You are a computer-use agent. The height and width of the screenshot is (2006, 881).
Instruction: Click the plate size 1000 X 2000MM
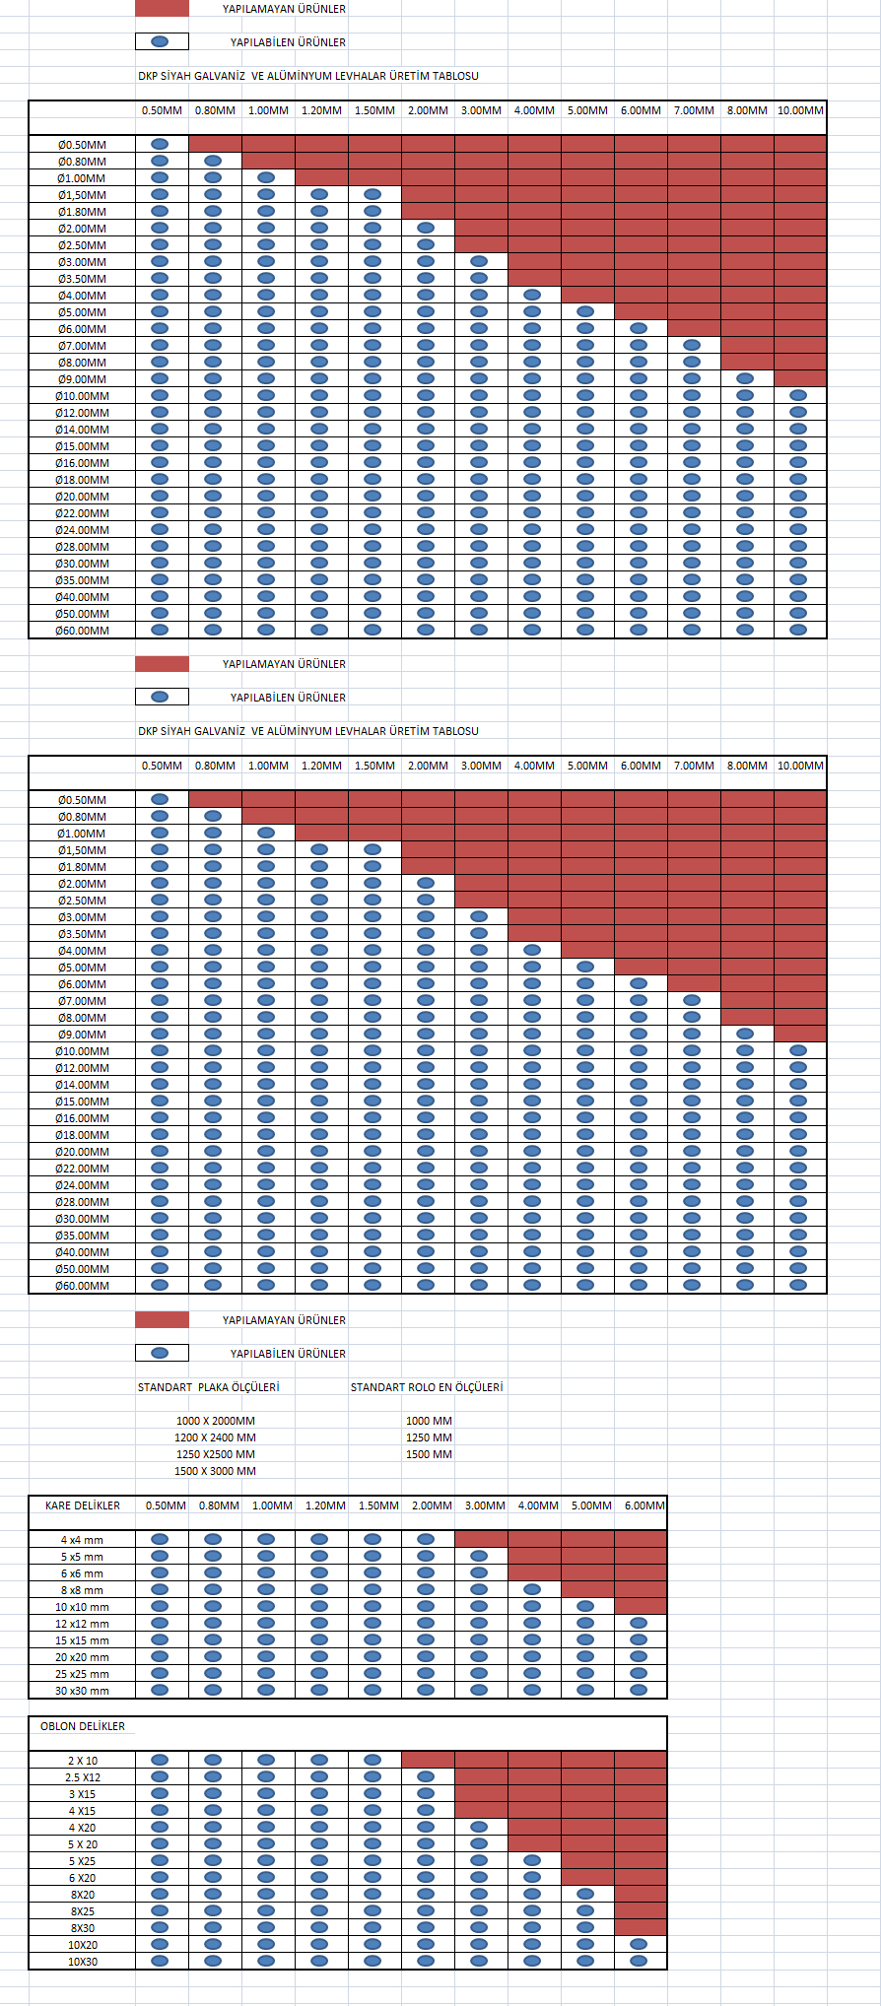[x=215, y=1421]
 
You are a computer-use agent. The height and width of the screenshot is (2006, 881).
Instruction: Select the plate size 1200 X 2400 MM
[x=215, y=1438]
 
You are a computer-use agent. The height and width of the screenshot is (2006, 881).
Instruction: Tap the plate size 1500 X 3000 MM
[x=215, y=1471]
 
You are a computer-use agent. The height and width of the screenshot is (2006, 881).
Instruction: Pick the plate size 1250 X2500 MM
[x=215, y=1454]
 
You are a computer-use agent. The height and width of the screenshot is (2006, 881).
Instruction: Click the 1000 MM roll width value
[x=429, y=1421]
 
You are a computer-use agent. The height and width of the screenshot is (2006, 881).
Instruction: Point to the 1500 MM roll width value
[x=429, y=1454]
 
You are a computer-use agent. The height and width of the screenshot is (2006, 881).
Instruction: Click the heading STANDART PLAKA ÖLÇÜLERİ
[x=208, y=1387]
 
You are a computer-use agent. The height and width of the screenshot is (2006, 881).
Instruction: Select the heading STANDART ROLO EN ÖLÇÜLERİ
[x=427, y=1387]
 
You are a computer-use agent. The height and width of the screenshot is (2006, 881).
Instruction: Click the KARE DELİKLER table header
[x=83, y=1505]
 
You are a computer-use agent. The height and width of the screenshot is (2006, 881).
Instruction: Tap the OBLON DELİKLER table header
[x=83, y=1726]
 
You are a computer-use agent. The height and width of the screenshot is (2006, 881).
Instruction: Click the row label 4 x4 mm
[x=82, y=1540]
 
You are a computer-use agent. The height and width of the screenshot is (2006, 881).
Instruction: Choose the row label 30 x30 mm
[x=82, y=1691]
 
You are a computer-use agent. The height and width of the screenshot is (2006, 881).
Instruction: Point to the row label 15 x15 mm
[x=82, y=1640]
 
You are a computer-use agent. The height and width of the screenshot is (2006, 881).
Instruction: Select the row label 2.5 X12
[x=83, y=1777]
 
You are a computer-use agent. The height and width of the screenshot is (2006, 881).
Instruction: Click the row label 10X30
[x=83, y=1962]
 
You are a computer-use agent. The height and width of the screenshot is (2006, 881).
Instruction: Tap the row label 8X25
[x=83, y=1911]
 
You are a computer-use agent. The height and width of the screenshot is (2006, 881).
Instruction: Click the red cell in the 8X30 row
[x=641, y=1927]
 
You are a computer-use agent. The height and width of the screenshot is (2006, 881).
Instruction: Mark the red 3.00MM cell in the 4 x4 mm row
[x=481, y=1539]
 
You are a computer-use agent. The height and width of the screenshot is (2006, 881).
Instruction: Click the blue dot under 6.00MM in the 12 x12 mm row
[x=639, y=1623]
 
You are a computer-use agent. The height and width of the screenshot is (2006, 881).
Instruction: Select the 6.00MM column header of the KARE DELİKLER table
[x=644, y=1505]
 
